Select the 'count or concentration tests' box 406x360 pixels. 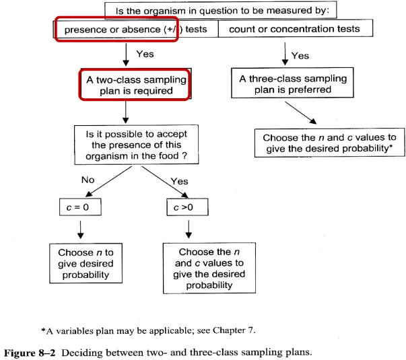pyautogui.click(x=295, y=30)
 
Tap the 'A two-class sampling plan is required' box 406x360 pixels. pyautogui.click(x=134, y=84)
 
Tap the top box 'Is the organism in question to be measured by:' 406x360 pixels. pyautogui.click(x=217, y=10)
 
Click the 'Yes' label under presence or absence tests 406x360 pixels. pyautogui.click(x=145, y=53)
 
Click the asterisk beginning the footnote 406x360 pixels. pyautogui.click(x=43, y=330)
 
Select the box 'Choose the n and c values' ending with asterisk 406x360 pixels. pyautogui.click(x=329, y=143)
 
